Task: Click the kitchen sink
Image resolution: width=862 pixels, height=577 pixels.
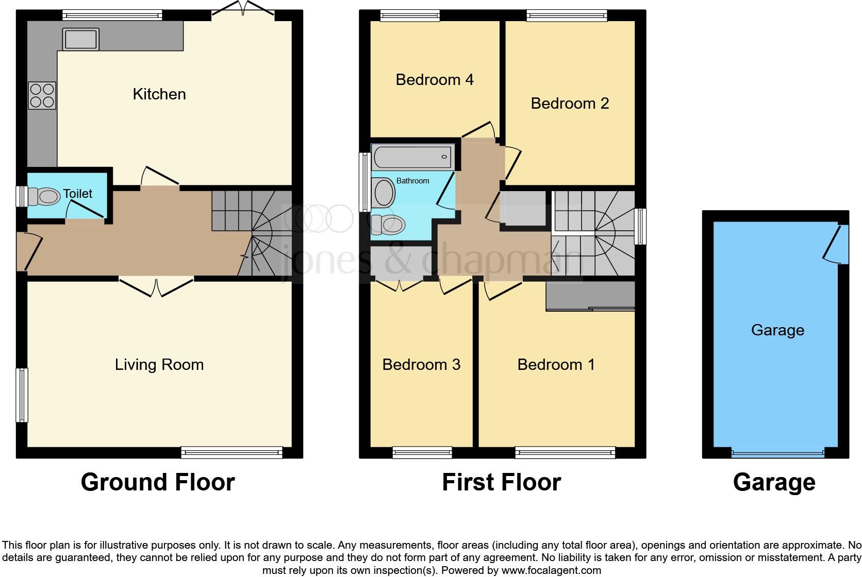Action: [81, 39]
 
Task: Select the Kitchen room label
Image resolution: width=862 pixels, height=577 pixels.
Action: [159, 94]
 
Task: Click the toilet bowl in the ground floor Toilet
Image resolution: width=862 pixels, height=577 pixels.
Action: [45, 196]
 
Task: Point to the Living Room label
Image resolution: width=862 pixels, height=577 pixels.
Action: [159, 365]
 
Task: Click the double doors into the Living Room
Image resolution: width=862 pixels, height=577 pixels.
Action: [156, 286]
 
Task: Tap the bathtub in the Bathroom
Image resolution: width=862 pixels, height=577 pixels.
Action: [413, 157]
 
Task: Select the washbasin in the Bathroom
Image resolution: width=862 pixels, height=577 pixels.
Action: [384, 192]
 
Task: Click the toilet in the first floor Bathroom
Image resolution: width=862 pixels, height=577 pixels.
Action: [388, 224]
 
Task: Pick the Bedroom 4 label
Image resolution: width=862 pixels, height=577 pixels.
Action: [434, 80]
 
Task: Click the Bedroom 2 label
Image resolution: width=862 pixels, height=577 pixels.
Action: [569, 104]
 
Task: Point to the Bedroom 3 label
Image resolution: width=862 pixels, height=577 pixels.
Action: [421, 365]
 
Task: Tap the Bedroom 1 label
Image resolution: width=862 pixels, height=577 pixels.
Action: [556, 365]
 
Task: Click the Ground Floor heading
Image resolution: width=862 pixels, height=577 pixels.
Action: [158, 483]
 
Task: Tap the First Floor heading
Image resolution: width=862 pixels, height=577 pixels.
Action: [501, 483]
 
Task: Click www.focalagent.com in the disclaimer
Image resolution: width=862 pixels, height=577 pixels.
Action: [551, 570]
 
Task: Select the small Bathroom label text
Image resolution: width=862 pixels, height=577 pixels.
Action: [412, 181]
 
